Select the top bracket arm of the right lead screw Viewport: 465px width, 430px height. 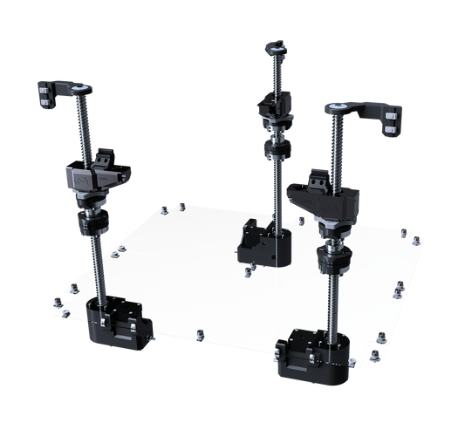[362, 111]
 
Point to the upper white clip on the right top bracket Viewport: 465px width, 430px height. [394, 113]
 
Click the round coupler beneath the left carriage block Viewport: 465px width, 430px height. [92, 223]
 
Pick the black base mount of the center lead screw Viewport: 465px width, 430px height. [262, 240]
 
